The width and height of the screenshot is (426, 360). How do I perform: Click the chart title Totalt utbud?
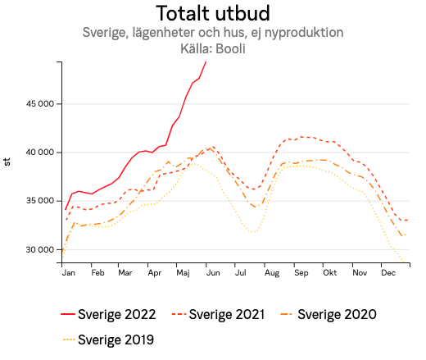(212, 13)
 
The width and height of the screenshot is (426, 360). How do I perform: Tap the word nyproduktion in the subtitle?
(303, 33)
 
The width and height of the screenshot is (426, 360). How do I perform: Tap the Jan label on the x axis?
(69, 271)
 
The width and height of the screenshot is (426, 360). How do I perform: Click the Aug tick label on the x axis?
(272, 271)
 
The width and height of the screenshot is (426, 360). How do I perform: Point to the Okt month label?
(329, 271)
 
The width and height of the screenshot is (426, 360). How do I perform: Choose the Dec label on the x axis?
(387, 271)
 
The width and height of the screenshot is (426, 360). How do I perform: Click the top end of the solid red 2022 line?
(206, 62)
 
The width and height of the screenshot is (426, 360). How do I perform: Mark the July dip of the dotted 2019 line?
(252, 233)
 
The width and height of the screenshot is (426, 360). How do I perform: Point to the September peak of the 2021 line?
(303, 137)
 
